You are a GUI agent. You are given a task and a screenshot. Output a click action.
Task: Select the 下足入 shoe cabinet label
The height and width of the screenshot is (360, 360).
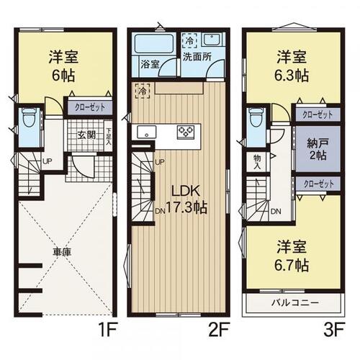point(109,135)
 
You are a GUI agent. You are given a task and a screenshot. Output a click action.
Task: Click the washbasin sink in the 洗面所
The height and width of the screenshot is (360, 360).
point(211,41)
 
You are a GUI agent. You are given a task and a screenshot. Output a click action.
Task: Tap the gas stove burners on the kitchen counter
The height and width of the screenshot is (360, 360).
point(186,131)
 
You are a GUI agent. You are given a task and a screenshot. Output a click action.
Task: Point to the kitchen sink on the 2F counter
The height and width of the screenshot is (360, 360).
point(146,132)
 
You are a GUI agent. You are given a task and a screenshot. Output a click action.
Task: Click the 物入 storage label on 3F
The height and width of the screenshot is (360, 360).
point(258,162)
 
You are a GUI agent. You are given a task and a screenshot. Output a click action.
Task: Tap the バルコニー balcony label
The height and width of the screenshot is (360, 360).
point(295,302)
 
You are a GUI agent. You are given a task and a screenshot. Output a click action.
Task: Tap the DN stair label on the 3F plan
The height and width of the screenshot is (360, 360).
point(276,212)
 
